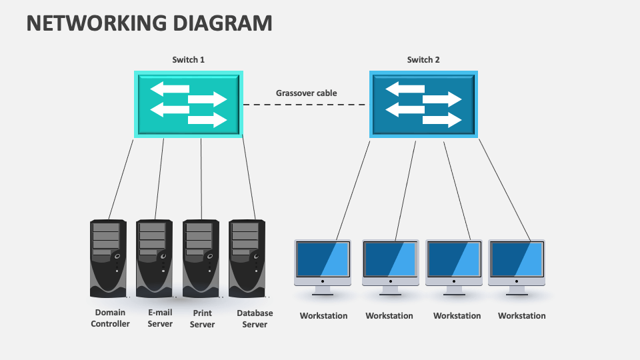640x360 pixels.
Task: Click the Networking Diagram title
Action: point(149,23)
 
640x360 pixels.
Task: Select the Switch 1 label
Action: point(189,60)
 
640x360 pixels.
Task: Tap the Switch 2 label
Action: point(423,60)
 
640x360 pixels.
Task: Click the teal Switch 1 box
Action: point(189,105)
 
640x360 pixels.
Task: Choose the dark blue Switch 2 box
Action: point(423,105)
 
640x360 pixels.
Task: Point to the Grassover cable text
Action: point(307,93)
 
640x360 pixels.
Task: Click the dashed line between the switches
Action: point(305,105)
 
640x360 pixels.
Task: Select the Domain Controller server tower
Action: point(108,258)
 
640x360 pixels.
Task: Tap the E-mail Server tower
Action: point(155,258)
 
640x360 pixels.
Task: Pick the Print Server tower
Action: point(201,258)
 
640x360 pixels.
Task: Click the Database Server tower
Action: point(247,258)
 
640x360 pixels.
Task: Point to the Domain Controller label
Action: point(111,319)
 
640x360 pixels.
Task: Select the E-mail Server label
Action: point(160,319)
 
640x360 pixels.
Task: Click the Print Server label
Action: point(202,319)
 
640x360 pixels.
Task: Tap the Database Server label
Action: point(255,319)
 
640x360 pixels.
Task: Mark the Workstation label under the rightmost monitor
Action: point(522,316)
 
